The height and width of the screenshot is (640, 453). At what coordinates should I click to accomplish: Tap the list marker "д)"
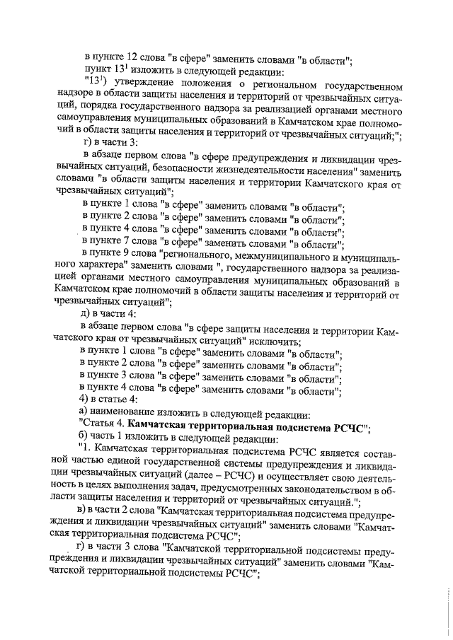tap(84, 315)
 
